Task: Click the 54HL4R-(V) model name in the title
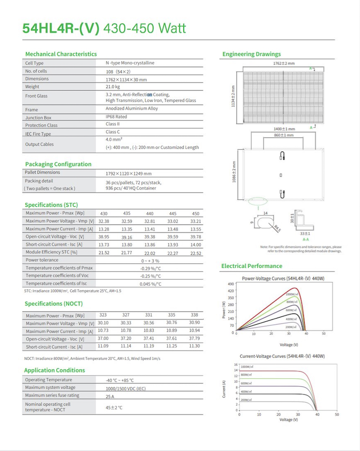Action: point(61,28)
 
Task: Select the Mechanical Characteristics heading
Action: point(61,54)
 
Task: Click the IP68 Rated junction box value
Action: point(116,116)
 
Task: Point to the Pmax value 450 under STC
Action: point(195,213)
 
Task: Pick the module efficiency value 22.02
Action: point(150,252)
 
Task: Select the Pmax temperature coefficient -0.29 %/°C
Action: point(151,268)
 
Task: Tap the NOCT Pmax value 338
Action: point(194,315)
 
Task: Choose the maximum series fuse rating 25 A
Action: point(110,396)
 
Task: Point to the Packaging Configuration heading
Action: point(58,164)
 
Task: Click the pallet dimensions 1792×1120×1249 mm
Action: point(128,173)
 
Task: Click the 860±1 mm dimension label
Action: point(283,136)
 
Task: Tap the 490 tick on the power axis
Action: point(230,284)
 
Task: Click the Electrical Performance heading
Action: point(251,266)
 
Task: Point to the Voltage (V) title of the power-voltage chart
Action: point(286,345)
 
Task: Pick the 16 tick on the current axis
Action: point(236,365)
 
